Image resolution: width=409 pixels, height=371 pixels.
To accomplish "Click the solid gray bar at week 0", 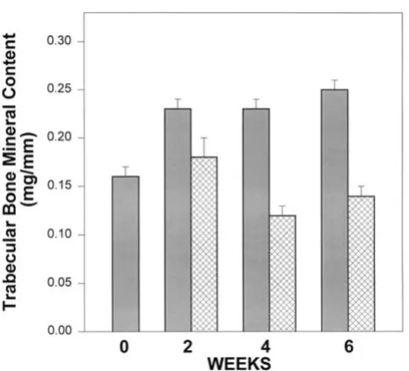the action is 126,253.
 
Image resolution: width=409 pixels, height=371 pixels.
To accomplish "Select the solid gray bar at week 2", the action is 178,220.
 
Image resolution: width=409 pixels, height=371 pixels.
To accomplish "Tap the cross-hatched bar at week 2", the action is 204,245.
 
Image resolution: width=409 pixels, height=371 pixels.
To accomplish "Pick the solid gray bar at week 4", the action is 256,220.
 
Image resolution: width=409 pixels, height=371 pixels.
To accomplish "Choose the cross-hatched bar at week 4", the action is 283,274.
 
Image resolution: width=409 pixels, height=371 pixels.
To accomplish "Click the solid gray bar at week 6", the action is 334,210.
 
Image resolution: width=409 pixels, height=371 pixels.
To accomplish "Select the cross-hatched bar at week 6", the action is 362,264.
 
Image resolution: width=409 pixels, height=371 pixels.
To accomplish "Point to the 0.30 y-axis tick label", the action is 60,40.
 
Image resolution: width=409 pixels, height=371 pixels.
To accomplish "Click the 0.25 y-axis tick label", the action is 60,89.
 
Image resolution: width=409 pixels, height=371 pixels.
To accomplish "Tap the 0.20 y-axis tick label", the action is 60,138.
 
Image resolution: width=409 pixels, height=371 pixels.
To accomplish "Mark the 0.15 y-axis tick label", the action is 60,186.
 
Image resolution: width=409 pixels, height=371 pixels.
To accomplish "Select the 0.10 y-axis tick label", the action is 60,234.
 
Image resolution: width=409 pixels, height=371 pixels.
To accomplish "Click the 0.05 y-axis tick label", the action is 60,282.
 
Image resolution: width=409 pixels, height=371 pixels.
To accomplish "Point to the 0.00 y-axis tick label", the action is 60,331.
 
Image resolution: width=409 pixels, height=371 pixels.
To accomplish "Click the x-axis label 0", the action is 124,347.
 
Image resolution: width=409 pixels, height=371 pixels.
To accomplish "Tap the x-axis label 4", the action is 265,347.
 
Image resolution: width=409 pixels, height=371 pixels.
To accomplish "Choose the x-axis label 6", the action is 348,347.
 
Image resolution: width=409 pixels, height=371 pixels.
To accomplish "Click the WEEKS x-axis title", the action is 239,364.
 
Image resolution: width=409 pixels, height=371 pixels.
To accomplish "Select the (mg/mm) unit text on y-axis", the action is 30,169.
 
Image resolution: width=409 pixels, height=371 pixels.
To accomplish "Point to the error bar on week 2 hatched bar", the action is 204,147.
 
